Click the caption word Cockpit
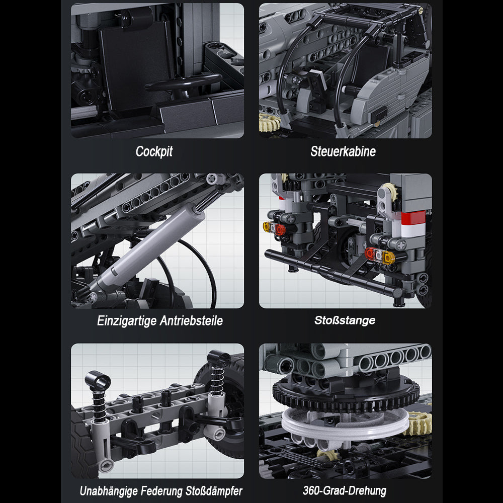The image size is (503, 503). coord(154,151)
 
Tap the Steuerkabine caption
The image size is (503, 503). coord(343,151)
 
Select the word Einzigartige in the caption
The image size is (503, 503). coord(127,321)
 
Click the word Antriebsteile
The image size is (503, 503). coord(191,321)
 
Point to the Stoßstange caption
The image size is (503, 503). coord(345,320)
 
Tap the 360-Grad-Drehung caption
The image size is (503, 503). coord(345,491)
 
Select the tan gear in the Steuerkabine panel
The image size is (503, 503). coord(269,122)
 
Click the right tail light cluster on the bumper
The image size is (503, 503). coord(380,256)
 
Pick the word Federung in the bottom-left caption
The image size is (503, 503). coord(161,491)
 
